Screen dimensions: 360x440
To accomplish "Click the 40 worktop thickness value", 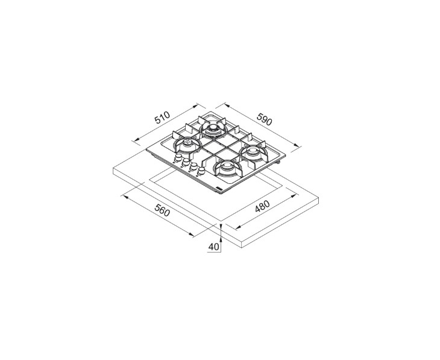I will (x=213, y=247).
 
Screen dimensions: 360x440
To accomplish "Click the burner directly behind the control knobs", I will (x=189, y=144).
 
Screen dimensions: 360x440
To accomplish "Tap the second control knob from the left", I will (x=185, y=162).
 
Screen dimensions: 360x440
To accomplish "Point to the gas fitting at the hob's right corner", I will (x=280, y=163).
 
